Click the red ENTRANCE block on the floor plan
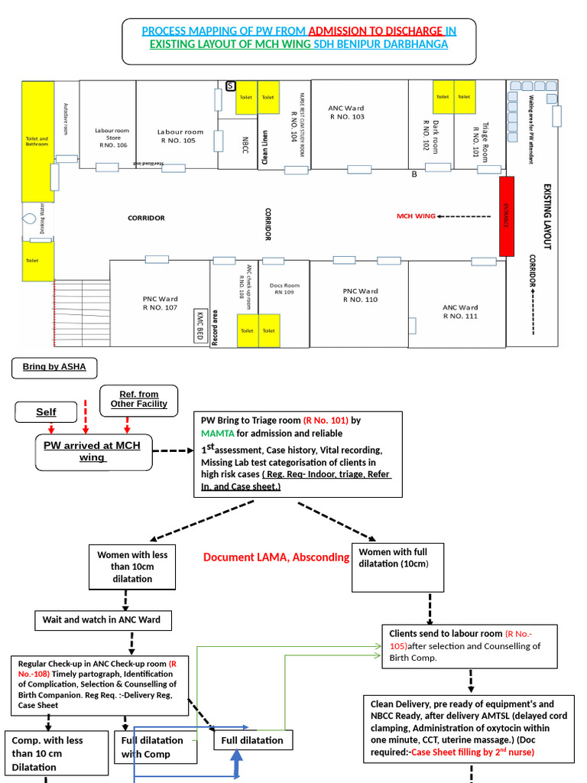tap(506, 216)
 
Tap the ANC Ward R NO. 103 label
tap(346, 113)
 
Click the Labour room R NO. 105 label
tap(181, 136)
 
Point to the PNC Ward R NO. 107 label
tap(160, 303)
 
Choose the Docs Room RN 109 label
tap(284, 288)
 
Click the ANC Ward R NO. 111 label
tap(460, 311)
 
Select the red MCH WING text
tap(415, 216)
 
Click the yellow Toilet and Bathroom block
tap(37, 141)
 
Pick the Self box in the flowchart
tap(47, 412)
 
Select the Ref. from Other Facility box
tap(138, 399)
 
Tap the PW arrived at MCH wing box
tap(93, 451)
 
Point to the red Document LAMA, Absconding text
tap(276, 557)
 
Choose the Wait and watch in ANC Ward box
tap(102, 619)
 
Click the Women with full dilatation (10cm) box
tap(397, 567)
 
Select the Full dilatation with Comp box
tap(152, 746)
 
